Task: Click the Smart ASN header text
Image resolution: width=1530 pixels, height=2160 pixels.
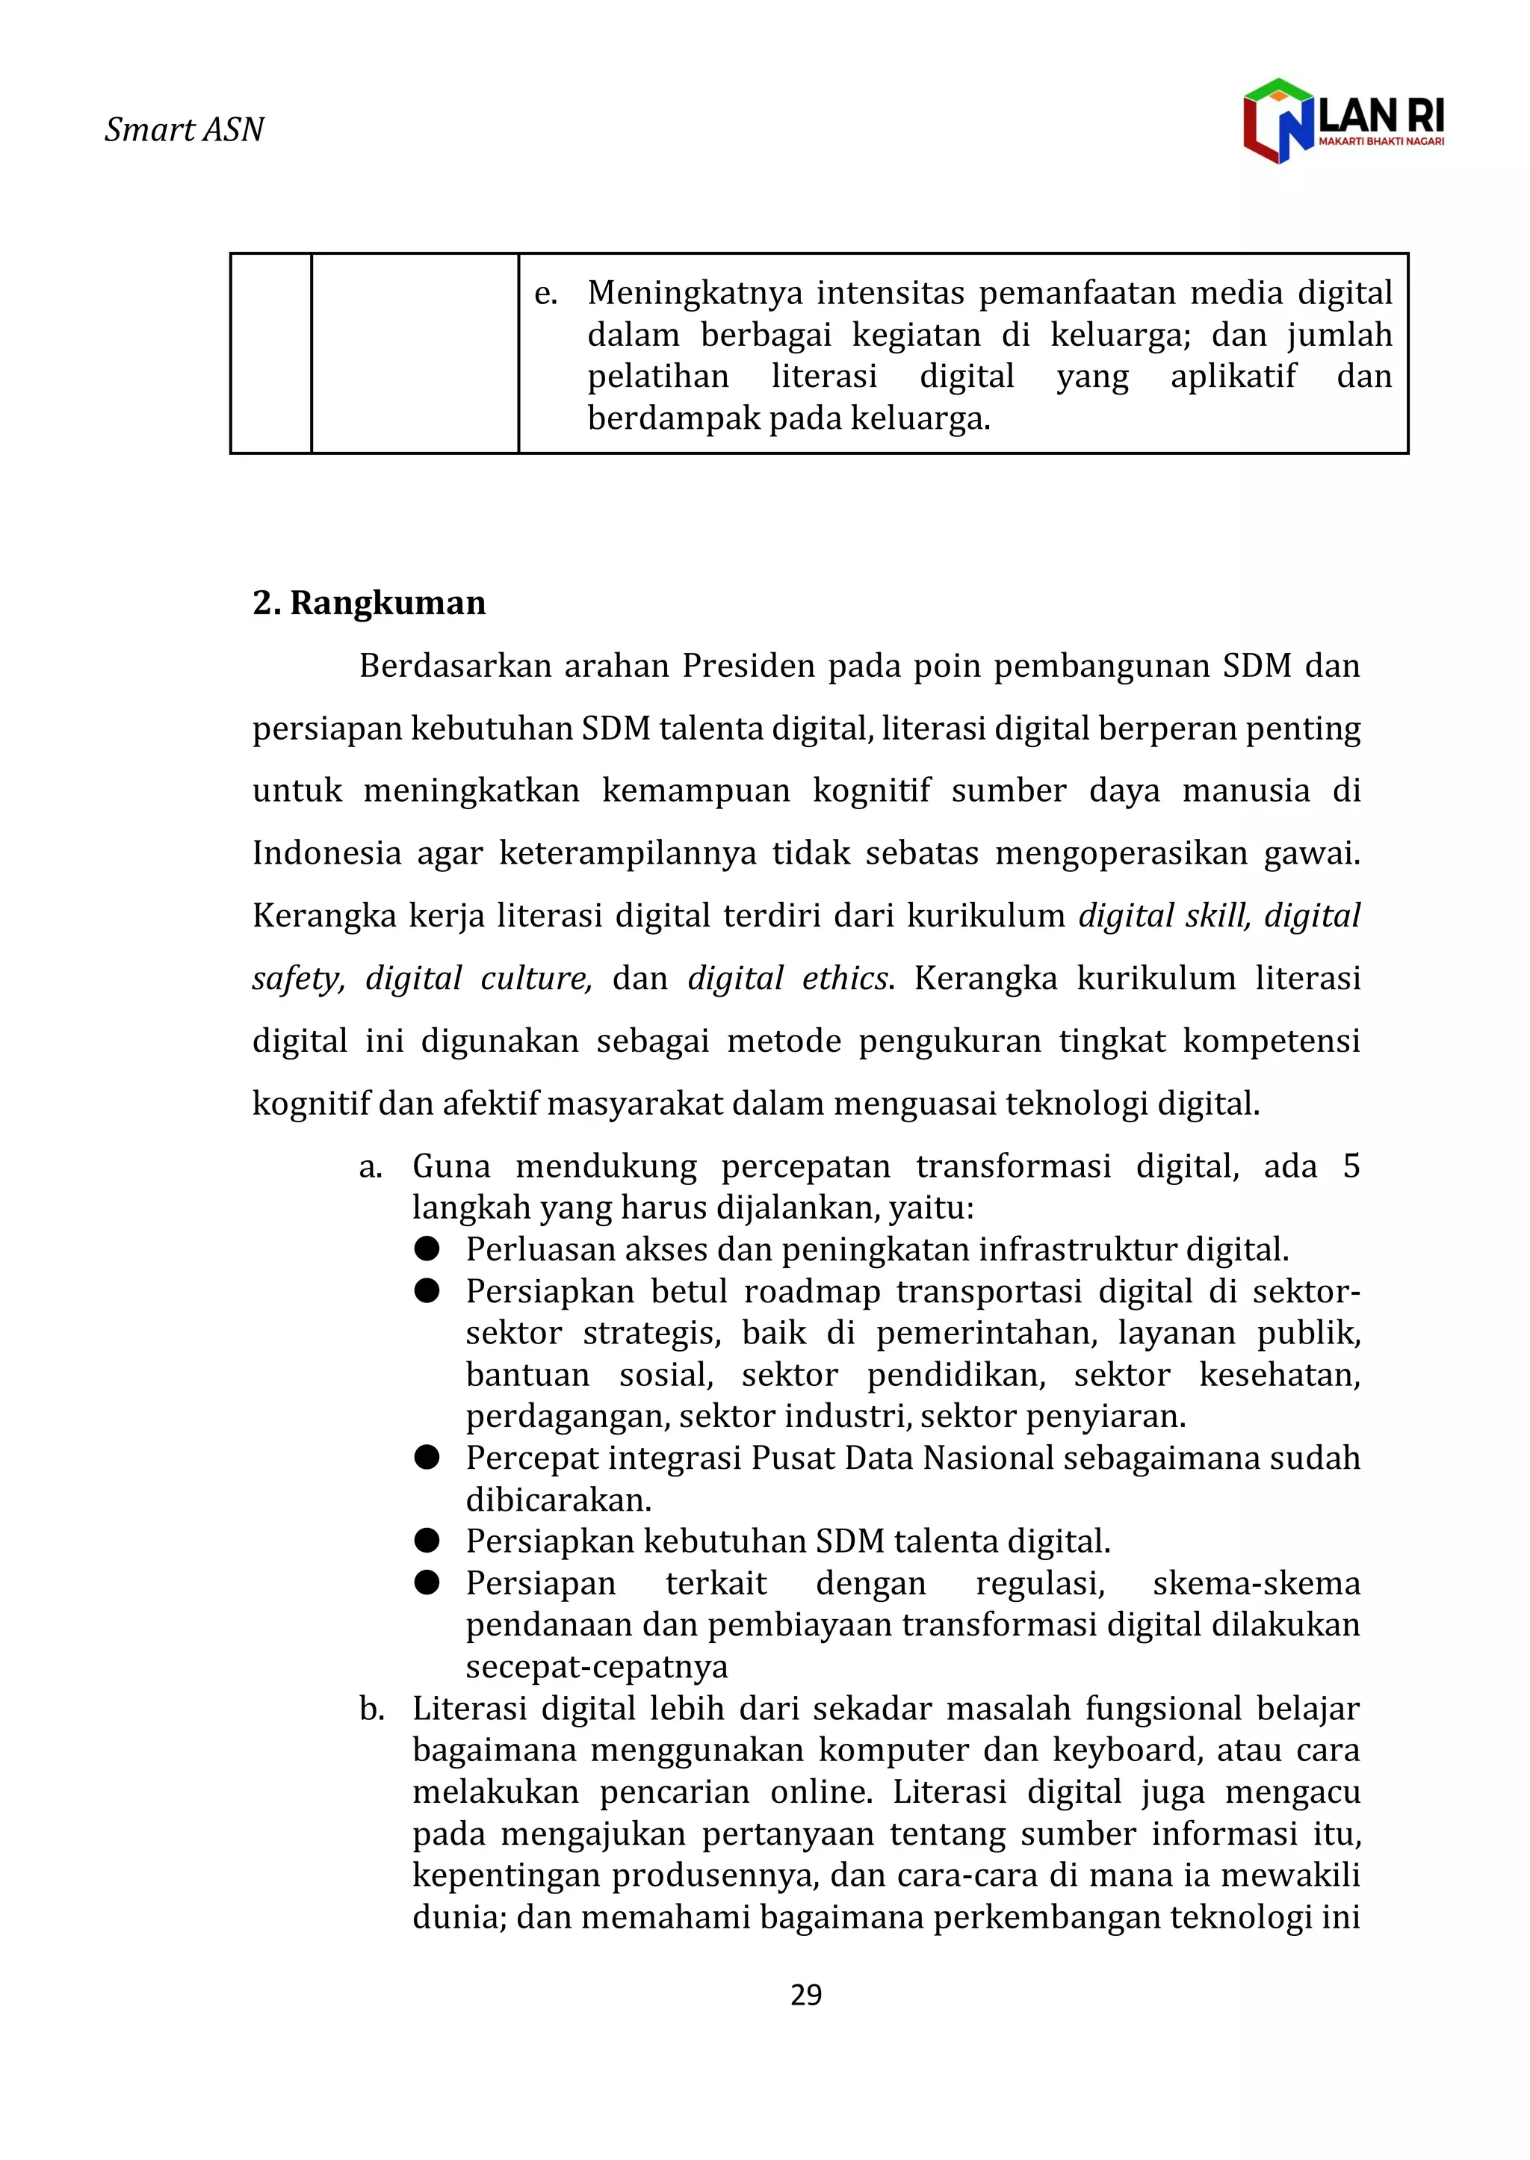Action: tap(184, 129)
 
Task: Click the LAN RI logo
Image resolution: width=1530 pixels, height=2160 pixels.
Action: tap(1342, 120)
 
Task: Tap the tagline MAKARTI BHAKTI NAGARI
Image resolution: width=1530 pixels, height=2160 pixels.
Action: tap(1381, 141)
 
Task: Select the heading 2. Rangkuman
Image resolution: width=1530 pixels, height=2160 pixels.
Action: tap(368, 603)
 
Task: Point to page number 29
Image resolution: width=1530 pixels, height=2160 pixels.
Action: tap(805, 1994)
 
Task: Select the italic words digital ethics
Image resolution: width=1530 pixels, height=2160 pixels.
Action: tap(787, 978)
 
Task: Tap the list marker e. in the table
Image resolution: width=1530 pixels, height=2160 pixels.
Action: tap(545, 294)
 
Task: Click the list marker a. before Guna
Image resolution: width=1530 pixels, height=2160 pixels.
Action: tap(371, 1167)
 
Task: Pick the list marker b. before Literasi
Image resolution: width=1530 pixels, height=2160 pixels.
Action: tap(371, 1709)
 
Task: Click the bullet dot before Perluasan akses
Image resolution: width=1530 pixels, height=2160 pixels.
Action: tap(427, 1249)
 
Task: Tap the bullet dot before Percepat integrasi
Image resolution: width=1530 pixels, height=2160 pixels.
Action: tap(427, 1458)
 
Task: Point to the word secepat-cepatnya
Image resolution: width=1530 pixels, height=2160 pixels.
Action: tap(596, 1666)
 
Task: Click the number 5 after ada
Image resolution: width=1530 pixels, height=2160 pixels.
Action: tap(1350, 1166)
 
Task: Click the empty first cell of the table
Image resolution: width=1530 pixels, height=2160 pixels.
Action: tap(271, 353)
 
